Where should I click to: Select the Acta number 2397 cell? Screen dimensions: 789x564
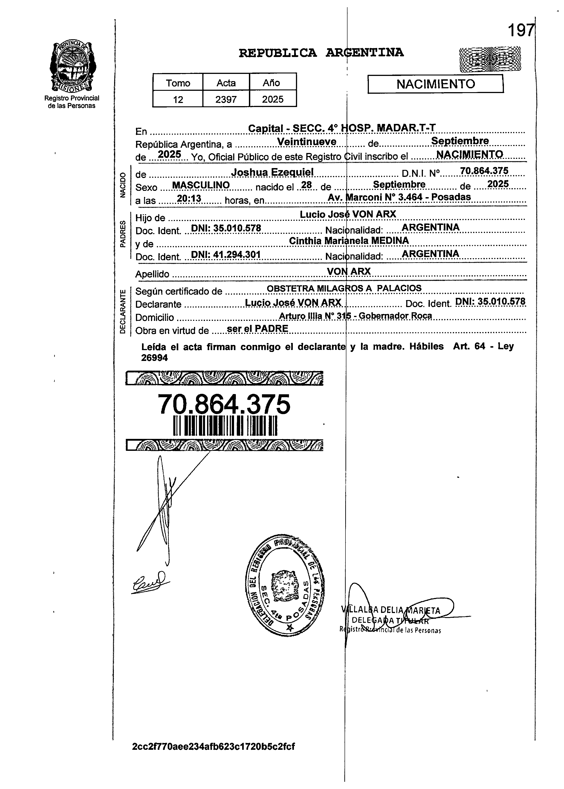coord(226,99)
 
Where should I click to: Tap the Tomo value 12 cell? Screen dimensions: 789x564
coord(178,99)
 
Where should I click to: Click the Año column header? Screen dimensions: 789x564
coord(273,83)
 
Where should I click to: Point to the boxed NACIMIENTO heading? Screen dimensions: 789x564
coord(435,84)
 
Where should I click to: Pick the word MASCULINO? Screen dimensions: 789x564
coord(201,185)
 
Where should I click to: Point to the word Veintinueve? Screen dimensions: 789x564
coord(307,142)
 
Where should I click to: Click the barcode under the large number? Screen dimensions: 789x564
coord(225,425)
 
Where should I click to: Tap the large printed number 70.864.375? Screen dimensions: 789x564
coord(224,404)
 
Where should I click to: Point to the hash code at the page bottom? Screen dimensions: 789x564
coord(213,747)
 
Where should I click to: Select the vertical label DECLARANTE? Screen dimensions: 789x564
coord(122,311)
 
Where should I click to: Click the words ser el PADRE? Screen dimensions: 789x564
coord(257,329)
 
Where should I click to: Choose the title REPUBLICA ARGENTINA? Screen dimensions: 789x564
coord(321,53)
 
